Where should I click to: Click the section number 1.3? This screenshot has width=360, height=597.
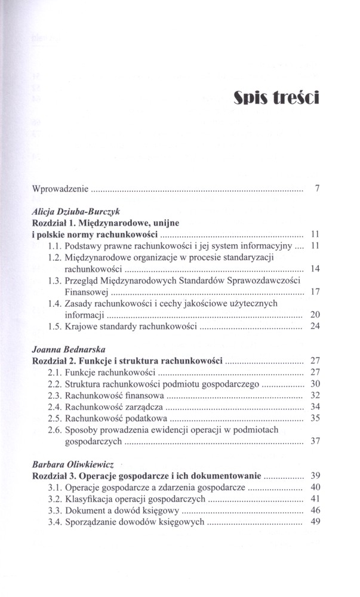(54, 280)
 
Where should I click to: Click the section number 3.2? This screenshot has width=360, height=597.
(54, 498)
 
